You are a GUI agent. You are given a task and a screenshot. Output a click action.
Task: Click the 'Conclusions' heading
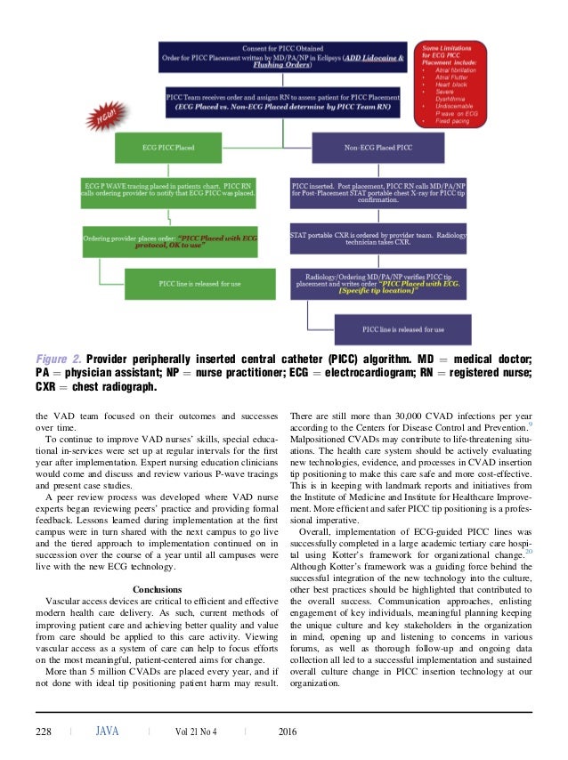[x=157, y=589]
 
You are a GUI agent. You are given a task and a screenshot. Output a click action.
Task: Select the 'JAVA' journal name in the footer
[x=107, y=732]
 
